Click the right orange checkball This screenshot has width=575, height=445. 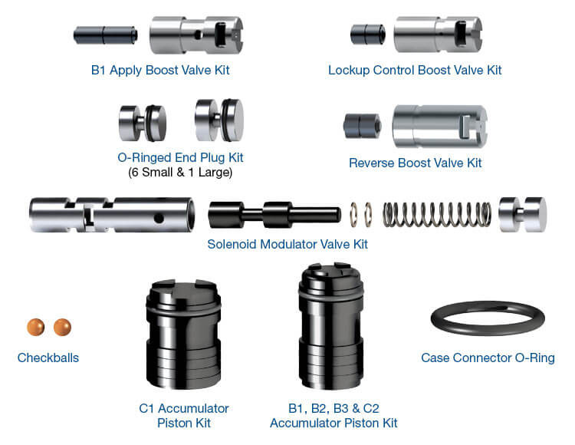pyautogui.click(x=61, y=328)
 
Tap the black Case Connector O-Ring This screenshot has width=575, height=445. pyautogui.click(x=487, y=318)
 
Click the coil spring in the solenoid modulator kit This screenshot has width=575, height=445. pyautogui.click(x=436, y=215)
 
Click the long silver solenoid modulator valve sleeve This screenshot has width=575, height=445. pyautogui.click(x=111, y=214)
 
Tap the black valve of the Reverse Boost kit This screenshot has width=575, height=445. pyautogui.click(x=360, y=125)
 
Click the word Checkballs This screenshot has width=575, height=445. pyautogui.click(x=48, y=358)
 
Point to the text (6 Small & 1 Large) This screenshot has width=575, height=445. pyautogui.click(x=180, y=173)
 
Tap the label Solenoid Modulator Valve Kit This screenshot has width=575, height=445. pyautogui.click(x=287, y=245)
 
